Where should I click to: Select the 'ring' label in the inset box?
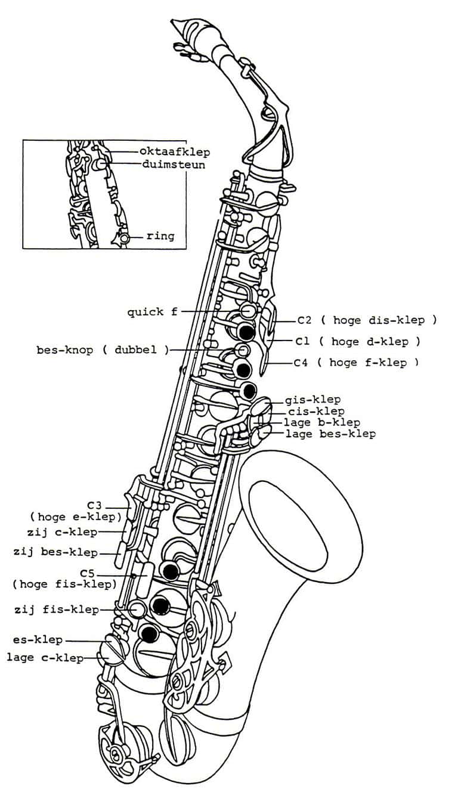point(160,236)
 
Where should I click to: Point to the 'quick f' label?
point(153,312)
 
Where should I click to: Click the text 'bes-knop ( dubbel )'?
point(103,350)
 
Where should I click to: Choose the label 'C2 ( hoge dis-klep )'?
point(367,320)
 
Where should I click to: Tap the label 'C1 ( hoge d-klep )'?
point(358,342)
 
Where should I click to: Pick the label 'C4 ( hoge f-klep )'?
point(357,363)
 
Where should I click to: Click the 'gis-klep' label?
point(313,400)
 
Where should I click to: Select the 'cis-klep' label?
point(316,412)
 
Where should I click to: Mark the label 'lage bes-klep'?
point(330,434)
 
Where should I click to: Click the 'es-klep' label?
point(38,640)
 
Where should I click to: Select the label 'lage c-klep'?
point(45,658)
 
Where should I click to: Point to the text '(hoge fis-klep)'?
point(65,584)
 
